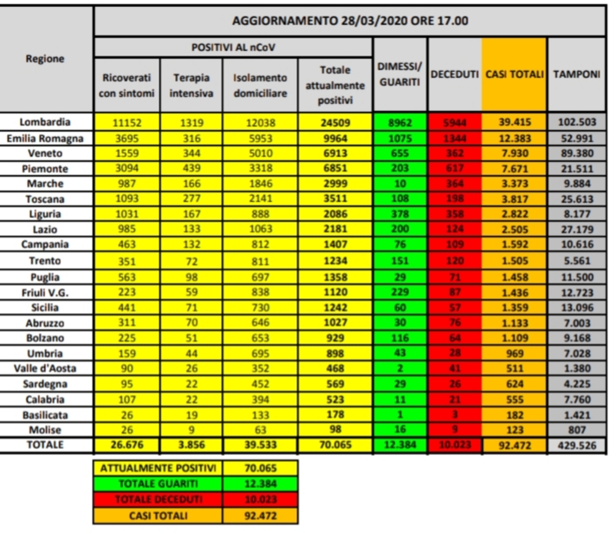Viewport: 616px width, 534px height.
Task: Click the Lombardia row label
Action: click(x=48, y=122)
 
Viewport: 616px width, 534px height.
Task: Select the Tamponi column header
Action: click(x=576, y=75)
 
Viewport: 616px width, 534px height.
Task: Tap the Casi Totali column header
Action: click(x=514, y=75)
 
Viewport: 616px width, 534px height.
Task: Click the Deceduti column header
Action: click(x=454, y=75)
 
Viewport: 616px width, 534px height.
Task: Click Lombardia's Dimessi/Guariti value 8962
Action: click(x=399, y=122)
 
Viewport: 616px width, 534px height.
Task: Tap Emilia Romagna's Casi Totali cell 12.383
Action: click(x=514, y=136)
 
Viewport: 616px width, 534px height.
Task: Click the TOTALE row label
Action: click(x=48, y=447)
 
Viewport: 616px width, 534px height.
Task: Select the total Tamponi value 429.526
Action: click(x=576, y=447)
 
